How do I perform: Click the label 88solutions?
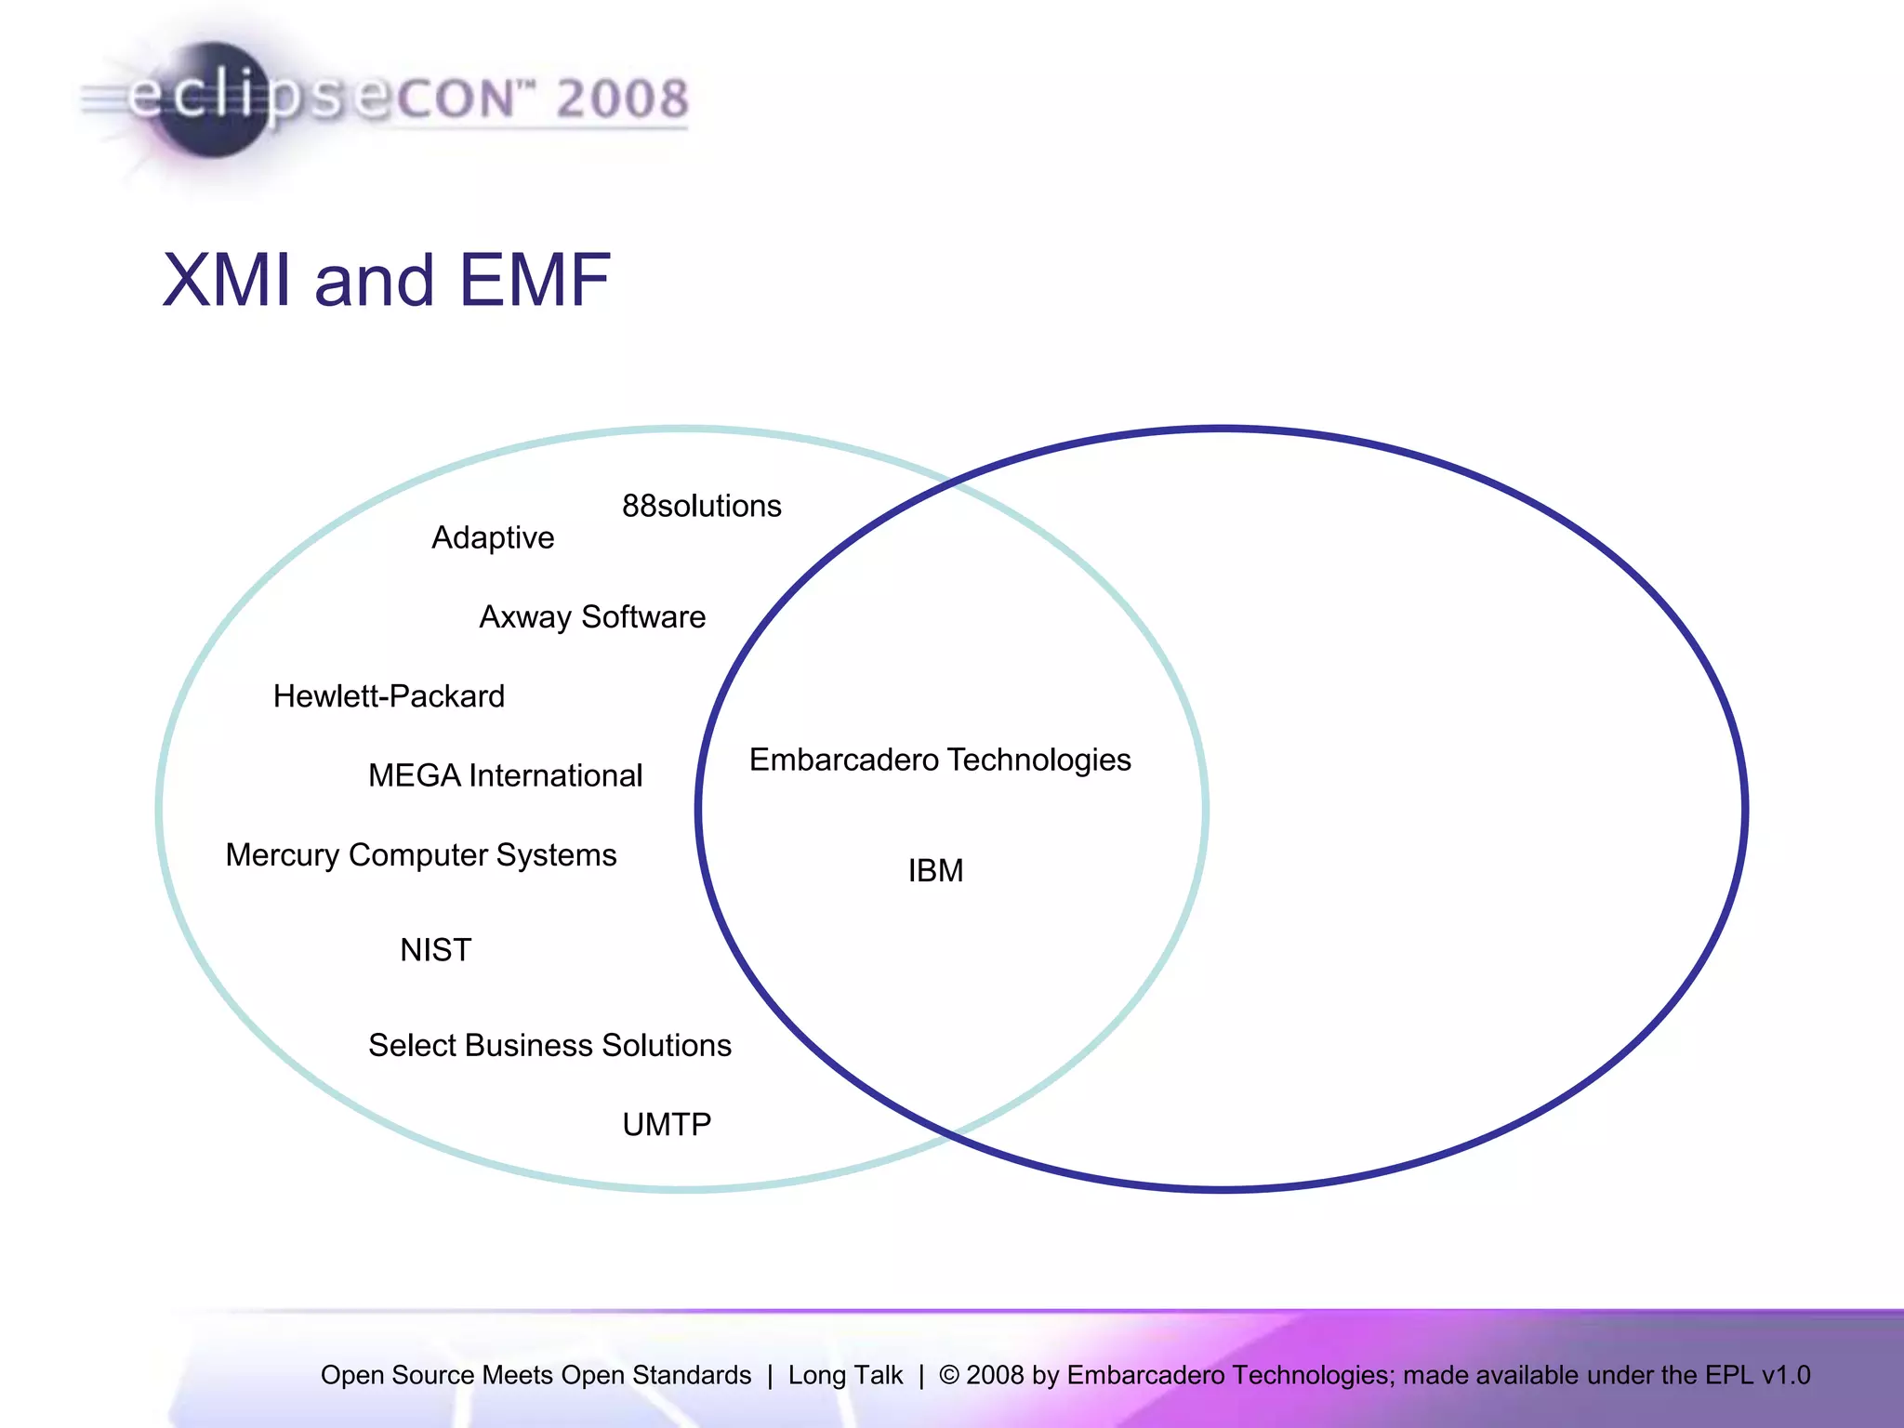click(701, 506)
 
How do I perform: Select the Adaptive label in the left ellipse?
click(493, 537)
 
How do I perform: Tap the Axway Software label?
click(592, 617)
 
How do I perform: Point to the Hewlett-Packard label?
click(389, 696)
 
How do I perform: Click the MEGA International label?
click(505, 775)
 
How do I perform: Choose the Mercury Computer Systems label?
click(420, 855)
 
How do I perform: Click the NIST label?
click(435, 950)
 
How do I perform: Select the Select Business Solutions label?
click(549, 1045)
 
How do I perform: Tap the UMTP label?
click(667, 1125)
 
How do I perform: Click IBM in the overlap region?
click(935, 871)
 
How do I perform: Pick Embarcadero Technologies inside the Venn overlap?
click(940, 760)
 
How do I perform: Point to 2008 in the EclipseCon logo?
click(622, 99)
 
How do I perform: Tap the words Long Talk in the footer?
click(845, 1375)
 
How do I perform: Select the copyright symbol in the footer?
click(949, 1375)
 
